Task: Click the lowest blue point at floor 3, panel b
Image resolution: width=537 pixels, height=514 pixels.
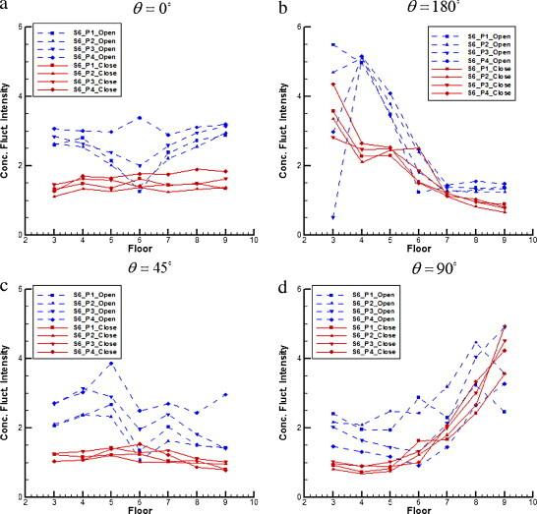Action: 333,217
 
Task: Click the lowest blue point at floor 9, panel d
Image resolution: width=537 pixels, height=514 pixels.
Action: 505,412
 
